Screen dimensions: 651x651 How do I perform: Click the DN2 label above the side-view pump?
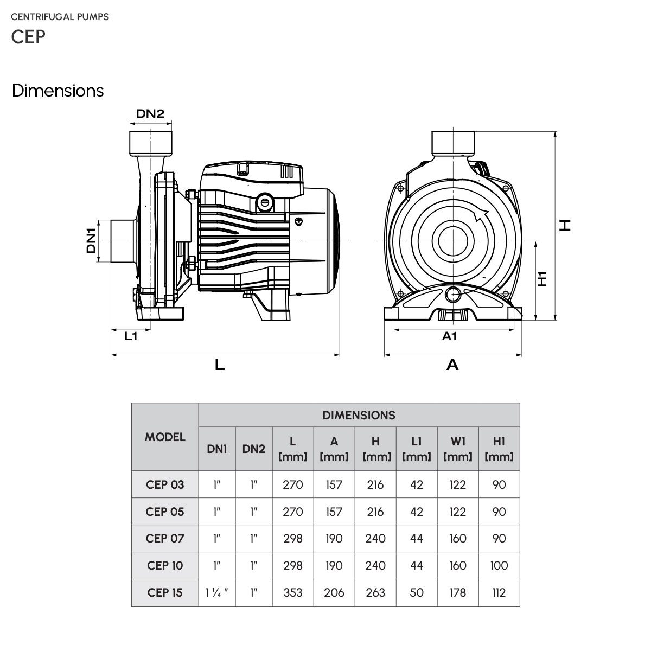point(150,113)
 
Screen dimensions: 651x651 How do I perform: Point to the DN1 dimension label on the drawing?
point(91,240)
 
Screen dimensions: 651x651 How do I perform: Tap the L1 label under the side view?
point(131,336)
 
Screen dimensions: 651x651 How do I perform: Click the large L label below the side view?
point(219,365)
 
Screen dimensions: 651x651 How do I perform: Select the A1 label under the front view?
point(449,336)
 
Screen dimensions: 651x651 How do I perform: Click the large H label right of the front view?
point(565,225)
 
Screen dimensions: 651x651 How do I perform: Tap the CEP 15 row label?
point(165,592)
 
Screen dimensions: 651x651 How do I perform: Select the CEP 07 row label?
point(165,538)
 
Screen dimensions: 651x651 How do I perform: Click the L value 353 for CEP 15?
point(293,592)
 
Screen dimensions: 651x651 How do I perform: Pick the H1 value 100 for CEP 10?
point(499,565)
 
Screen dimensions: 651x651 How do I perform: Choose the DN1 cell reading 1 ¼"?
point(217,592)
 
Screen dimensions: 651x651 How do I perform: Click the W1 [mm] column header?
point(457,449)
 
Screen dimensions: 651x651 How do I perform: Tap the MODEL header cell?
point(165,437)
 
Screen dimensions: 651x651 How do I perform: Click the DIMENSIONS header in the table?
point(359,416)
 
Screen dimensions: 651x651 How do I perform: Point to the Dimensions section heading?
point(58,91)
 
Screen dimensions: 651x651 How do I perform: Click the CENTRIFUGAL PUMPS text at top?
point(60,17)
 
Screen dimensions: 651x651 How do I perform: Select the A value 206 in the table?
point(334,592)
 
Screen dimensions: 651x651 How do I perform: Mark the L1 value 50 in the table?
point(416,592)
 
